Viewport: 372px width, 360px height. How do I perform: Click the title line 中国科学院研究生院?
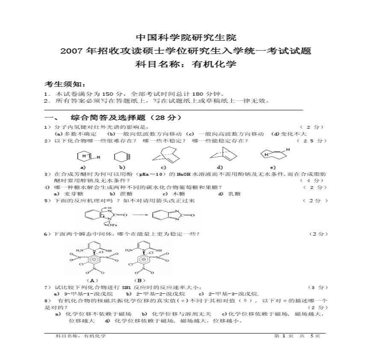(186, 38)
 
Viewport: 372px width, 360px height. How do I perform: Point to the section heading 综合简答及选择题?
(120, 117)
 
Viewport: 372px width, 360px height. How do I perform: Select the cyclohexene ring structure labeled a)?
(83, 156)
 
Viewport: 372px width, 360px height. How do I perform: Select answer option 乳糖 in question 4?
(235, 194)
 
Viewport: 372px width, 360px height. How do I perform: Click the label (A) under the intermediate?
(92, 280)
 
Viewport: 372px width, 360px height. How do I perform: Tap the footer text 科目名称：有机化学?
(81, 336)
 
